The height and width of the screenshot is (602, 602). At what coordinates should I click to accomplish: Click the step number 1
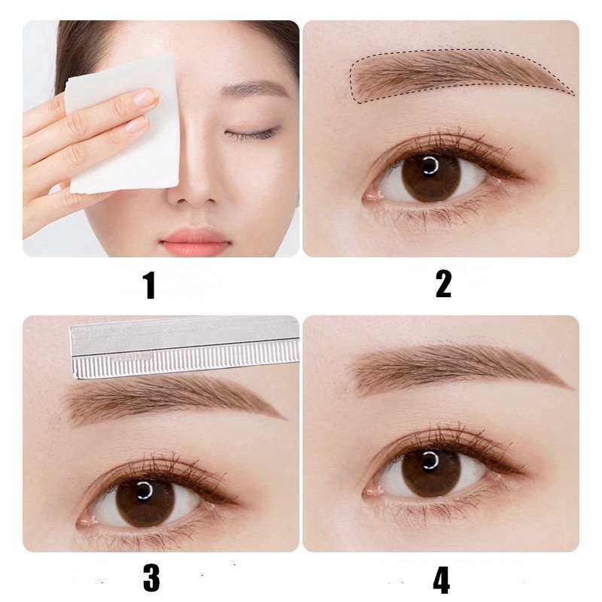(150, 285)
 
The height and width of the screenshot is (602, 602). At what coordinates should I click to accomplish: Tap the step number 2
(443, 284)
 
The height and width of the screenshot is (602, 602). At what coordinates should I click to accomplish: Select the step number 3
(151, 578)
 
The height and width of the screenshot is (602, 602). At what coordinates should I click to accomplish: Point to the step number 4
(441, 579)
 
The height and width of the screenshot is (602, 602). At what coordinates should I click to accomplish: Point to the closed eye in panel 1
(251, 133)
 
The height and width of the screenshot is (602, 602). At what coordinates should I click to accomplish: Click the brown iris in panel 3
(145, 502)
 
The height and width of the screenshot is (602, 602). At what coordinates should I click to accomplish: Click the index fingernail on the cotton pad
(144, 96)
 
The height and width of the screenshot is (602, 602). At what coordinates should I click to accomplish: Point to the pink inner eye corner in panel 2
(370, 197)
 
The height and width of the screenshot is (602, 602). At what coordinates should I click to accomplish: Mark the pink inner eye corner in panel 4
(370, 491)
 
